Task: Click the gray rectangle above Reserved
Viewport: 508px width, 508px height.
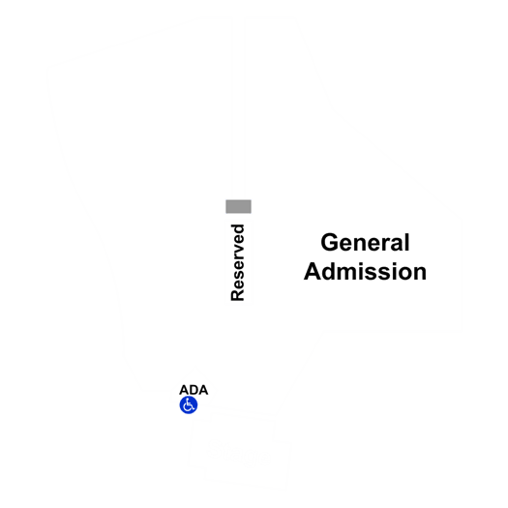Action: pyautogui.click(x=238, y=206)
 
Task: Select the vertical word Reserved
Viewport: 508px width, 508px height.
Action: pyautogui.click(x=237, y=262)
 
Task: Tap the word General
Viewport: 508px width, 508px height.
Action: pyautogui.click(x=365, y=242)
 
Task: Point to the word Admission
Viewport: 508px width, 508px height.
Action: pyautogui.click(x=365, y=271)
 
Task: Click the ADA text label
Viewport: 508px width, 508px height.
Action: pyautogui.click(x=194, y=390)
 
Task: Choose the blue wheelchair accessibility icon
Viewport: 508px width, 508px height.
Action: pyautogui.click(x=189, y=405)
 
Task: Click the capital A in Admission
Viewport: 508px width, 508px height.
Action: pyautogui.click(x=313, y=271)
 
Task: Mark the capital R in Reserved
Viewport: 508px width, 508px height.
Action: pyautogui.click(x=237, y=295)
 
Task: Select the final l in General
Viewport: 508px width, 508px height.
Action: pyautogui.click(x=407, y=242)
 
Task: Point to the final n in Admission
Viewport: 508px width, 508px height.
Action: pyautogui.click(x=420, y=274)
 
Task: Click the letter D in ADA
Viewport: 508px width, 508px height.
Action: pyautogui.click(x=194, y=390)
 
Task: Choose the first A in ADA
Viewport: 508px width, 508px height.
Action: pyautogui.click(x=184, y=390)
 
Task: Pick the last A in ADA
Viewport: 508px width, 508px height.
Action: pyautogui.click(x=203, y=390)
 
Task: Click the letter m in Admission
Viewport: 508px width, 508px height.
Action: pyautogui.click(x=348, y=274)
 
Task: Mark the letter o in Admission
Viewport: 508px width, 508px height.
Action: pyautogui.click(x=404, y=274)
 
